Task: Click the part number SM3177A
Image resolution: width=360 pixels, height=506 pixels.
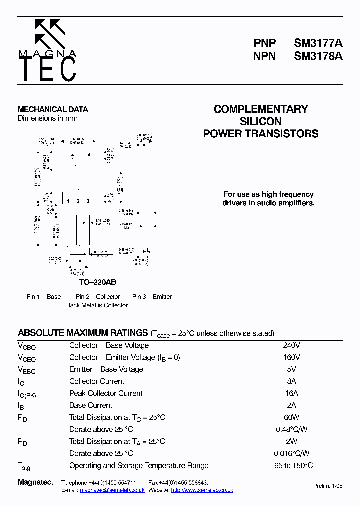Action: click(318, 43)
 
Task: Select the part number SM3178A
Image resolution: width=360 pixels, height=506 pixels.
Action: click(318, 56)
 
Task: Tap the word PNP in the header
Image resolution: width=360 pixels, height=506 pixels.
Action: click(265, 43)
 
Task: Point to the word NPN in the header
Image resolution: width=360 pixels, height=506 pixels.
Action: click(265, 56)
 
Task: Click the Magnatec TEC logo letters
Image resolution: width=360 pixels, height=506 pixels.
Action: click(48, 69)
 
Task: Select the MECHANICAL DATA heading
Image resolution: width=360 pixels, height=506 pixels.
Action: click(53, 109)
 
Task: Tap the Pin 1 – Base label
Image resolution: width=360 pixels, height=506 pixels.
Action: click(44, 297)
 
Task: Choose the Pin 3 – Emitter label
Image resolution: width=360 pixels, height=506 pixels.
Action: click(152, 297)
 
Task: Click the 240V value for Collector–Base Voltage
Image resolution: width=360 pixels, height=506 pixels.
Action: click(292, 345)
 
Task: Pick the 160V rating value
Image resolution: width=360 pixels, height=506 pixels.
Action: click(292, 357)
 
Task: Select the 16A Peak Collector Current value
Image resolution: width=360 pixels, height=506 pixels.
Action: click(292, 393)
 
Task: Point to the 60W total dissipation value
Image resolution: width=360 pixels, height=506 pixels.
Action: click(292, 417)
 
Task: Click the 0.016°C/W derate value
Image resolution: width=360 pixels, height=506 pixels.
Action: click(292, 453)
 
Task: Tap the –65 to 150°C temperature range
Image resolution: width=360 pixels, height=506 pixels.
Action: click(292, 465)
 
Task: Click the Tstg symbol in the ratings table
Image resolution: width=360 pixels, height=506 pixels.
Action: click(24, 466)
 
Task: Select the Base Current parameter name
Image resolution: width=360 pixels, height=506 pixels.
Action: click(91, 405)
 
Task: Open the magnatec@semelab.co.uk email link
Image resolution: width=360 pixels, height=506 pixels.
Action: click(112, 490)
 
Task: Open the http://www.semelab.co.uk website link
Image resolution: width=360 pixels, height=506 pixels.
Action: click(202, 490)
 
